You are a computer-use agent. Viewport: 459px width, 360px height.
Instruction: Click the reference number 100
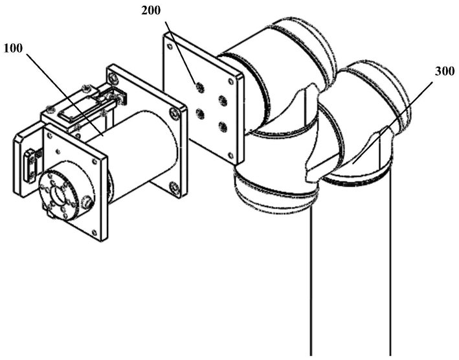click(x=13, y=49)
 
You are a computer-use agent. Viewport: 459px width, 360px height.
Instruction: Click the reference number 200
click(x=151, y=11)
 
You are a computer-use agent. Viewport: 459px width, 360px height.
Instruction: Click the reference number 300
click(x=445, y=71)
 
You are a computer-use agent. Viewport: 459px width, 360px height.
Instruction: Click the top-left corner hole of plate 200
click(x=170, y=46)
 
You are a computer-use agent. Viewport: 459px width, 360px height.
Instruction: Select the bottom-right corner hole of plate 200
click(x=231, y=155)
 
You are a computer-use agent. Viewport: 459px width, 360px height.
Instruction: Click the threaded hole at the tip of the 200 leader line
click(x=200, y=87)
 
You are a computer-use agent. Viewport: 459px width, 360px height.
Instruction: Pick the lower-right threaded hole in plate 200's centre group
click(x=223, y=127)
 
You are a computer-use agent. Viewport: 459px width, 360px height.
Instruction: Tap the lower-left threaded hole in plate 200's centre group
click(x=200, y=114)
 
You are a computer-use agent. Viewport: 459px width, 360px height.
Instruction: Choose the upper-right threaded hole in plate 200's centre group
click(x=223, y=100)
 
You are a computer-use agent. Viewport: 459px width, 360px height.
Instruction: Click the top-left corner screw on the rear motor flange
click(x=113, y=78)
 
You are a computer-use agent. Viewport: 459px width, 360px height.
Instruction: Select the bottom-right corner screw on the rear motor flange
click(x=175, y=187)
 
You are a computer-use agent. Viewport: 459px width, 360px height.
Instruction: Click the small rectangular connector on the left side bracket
click(x=30, y=166)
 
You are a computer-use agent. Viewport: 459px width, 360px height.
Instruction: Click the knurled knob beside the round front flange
click(x=87, y=202)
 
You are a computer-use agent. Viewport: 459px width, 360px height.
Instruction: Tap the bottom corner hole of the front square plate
click(x=94, y=232)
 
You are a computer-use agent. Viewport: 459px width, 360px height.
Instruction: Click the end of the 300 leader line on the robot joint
click(x=352, y=164)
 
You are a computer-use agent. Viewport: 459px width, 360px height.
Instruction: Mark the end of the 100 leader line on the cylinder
click(x=103, y=135)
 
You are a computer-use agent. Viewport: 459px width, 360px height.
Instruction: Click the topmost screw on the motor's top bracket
click(x=85, y=87)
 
